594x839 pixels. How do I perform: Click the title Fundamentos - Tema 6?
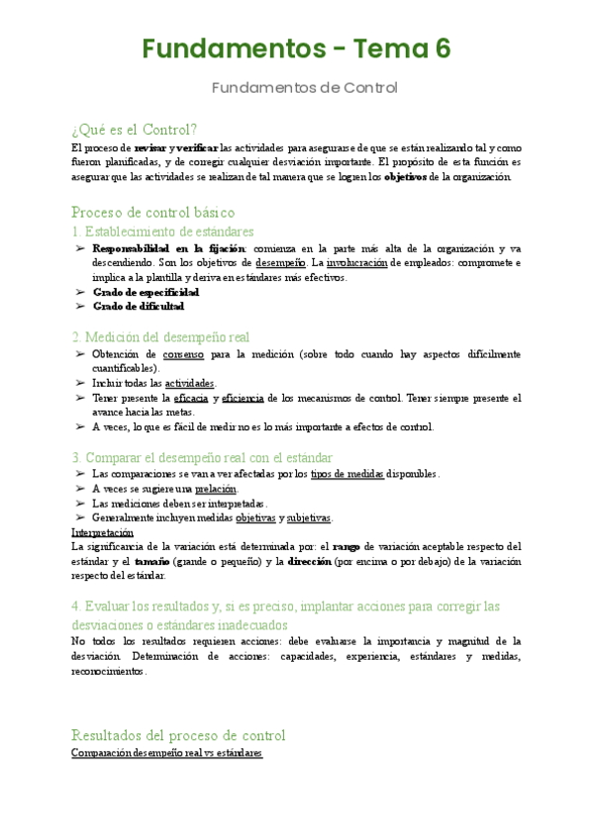coord(296,48)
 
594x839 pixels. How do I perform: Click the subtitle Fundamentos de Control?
coord(305,88)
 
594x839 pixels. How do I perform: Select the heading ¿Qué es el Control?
coord(135,130)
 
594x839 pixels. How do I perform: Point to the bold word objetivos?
coord(406,177)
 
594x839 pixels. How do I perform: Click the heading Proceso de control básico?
coord(153,212)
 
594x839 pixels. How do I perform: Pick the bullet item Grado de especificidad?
coord(146,293)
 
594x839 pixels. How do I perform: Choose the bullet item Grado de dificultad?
coord(139,308)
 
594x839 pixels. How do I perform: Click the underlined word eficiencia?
coord(244,398)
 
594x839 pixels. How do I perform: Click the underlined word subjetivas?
coord(309,517)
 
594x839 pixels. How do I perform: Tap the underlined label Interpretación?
coord(103,531)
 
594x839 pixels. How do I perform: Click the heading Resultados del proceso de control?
coord(179,735)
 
